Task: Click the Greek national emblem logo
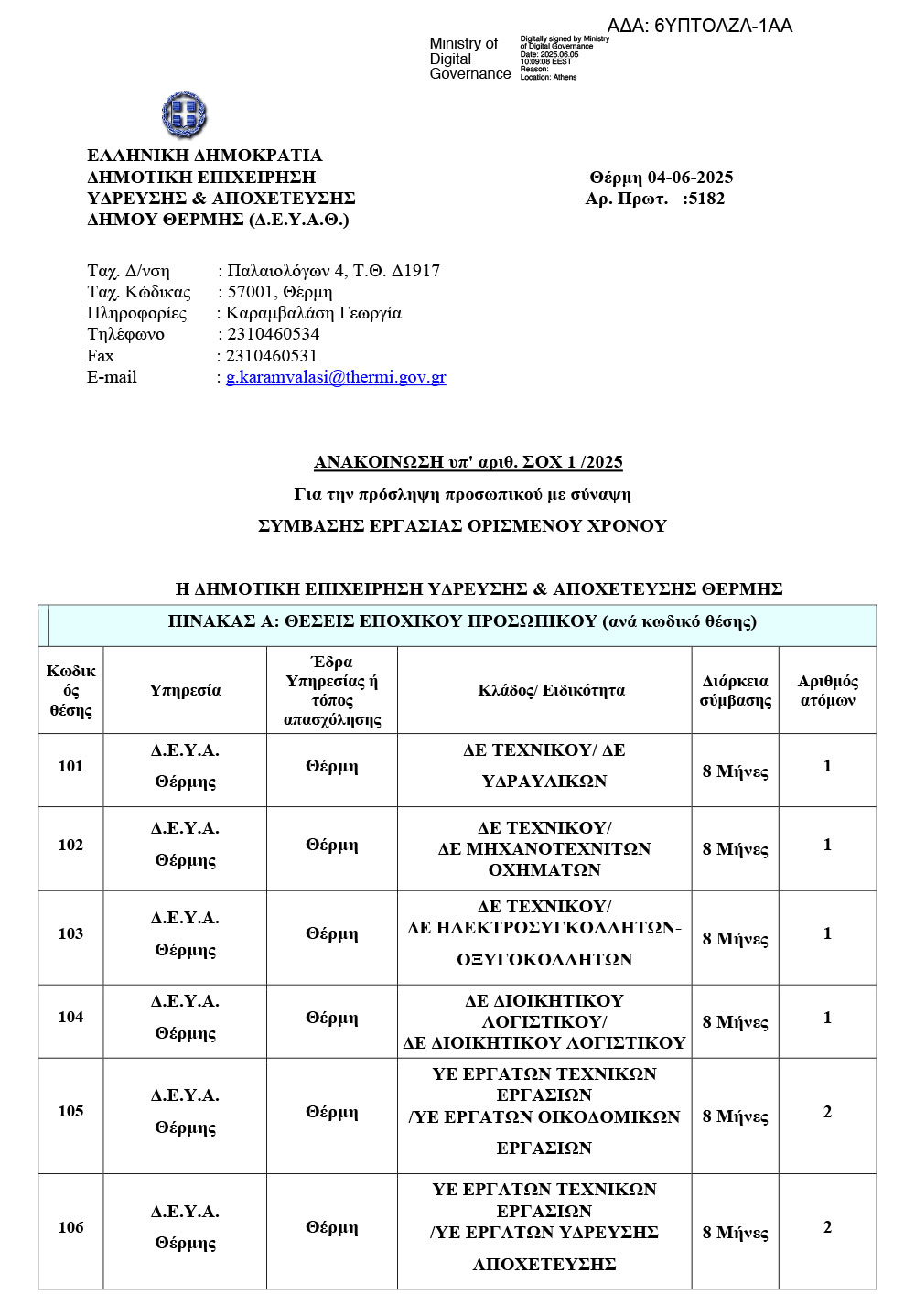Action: (184, 114)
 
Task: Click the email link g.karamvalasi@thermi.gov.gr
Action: (336, 377)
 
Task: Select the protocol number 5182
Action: (706, 199)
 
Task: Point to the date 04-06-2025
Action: (690, 178)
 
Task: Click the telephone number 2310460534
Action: (273, 334)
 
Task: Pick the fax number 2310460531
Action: (272, 356)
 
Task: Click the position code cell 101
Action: (70, 767)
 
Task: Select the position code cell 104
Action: (70, 1018)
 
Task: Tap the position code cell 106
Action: (70, 1228)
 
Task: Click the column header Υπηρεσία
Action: (185, 690)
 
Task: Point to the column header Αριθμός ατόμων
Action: (827, 690)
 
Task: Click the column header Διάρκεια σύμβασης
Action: (735, 690)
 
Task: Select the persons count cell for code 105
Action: (827, 1112)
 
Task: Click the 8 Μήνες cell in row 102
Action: (735, 849)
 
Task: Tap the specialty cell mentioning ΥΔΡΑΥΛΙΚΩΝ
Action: (544, 766)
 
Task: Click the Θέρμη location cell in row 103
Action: (331, 934)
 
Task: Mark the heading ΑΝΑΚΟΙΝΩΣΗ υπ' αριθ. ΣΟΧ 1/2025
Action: (468, 462)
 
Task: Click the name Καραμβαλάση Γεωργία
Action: (314, 313)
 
